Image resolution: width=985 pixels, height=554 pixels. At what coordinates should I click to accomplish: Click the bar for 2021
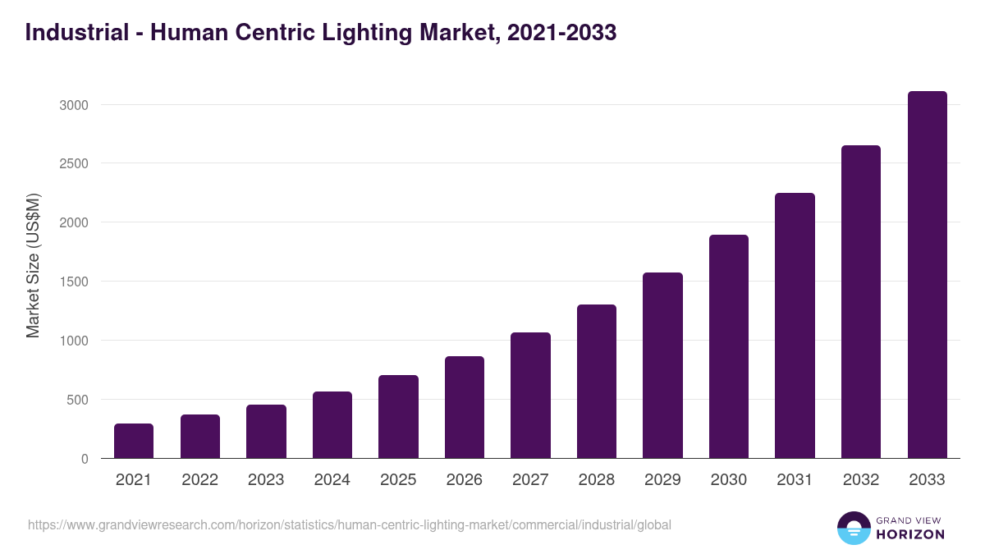pyautogui.click(x=134, y=441)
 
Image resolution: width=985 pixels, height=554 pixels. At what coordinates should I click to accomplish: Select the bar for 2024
pyautogui.click(x=332, y=425)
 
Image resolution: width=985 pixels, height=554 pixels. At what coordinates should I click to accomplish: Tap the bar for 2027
pyautogui.click(x=530, y=396)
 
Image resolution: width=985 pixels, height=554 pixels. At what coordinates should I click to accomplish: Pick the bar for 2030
pyautogui.click(x=729, y=346)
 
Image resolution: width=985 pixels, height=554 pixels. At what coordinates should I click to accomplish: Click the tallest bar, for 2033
pyautogui.click(x=927, y=275)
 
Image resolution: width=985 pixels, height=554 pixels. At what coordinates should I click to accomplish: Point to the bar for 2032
pyautogui.click(x=861, y=302)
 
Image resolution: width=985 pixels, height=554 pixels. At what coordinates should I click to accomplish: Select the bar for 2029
pyautogui.click(x=662, y=365)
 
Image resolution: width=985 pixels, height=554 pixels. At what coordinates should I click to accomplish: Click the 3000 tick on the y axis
pyautogui.click(x=73, y=105)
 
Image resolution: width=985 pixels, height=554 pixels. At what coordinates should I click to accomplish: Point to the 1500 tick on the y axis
pyautogui.click(x=73, y=282)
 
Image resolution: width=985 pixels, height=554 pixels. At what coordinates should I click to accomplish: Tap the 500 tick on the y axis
pyautogui.click(x=76, y=400)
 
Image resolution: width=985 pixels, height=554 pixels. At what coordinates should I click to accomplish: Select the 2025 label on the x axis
pyautogui.click(x=398, y=480)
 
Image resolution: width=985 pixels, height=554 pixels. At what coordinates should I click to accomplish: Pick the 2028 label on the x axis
pyautogui.click(x=597, y=480)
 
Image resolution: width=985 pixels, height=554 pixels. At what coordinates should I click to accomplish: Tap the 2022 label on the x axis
pyautogui.click(x=199, y=480)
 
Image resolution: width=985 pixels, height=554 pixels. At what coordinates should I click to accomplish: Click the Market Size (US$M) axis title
pyautogui.click(x=33, y=266)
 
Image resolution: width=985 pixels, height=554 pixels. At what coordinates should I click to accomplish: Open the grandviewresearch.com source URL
pyautogui.click(x=350, y=524)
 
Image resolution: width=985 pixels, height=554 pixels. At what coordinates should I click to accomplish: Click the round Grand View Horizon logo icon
pyautogui.click(x=854, y=528)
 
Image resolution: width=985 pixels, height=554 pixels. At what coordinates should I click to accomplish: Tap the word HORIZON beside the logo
pyautogui.click(x=910, y=534)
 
